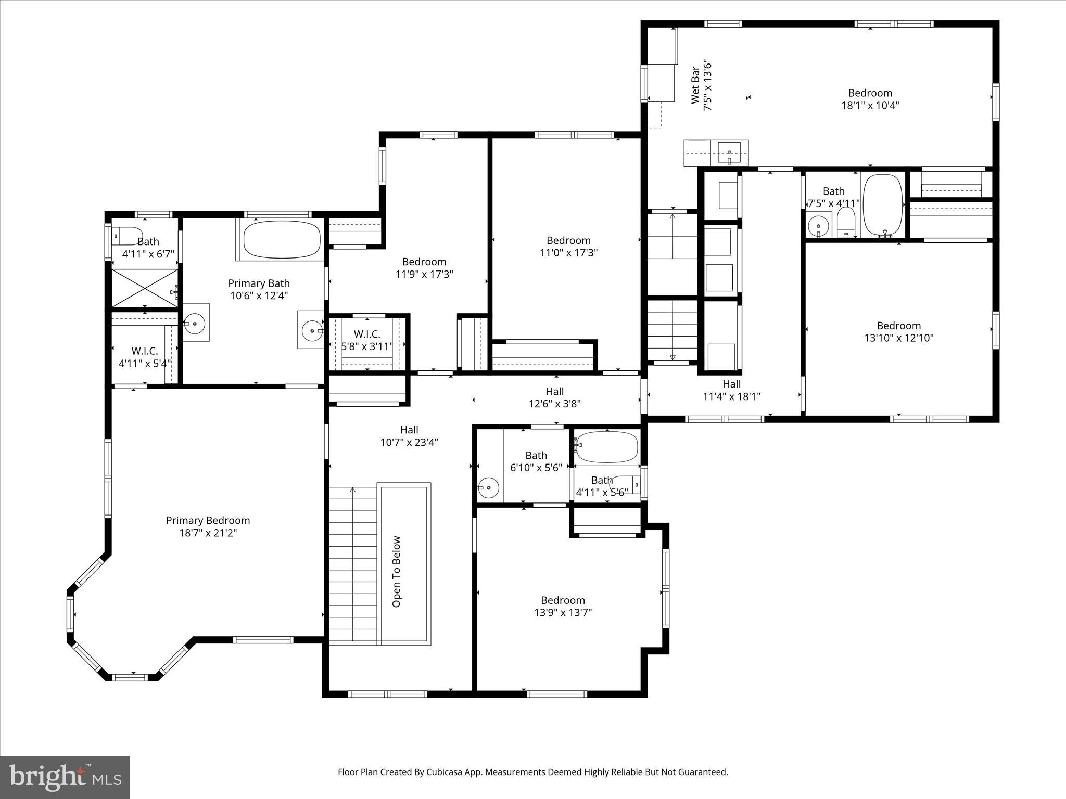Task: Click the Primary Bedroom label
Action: (208, 521)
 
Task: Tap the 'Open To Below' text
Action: (397, 571)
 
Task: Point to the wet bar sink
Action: (729, 153)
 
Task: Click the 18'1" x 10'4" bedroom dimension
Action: (870, 106)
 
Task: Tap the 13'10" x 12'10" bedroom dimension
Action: (898, 338)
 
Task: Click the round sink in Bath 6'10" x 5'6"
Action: (489, 488)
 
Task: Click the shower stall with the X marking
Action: (145, 288)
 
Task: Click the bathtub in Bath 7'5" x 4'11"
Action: (883, 205)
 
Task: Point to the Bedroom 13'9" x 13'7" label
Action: (563, 606)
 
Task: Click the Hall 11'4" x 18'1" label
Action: (731, 390)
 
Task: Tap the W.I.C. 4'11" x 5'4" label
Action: (144, 357)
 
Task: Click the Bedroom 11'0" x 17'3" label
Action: (568, 247)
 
